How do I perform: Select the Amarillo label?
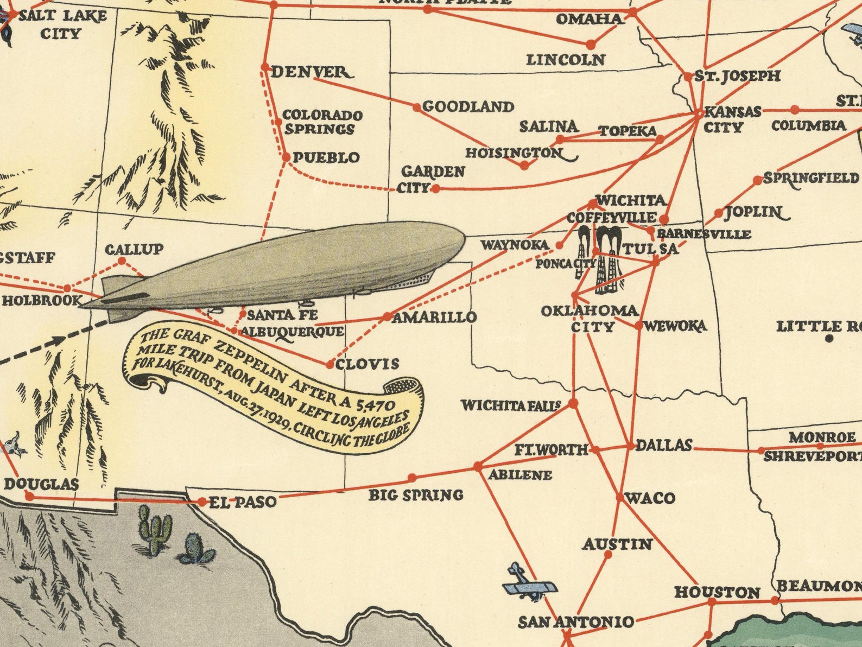tap(434, 318)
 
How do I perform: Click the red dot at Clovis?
tap(329, 365)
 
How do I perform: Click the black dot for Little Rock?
tap(829, 339)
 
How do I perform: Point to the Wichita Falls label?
tap(511, 405)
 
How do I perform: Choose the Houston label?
tap(717, 592)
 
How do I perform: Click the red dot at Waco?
tap(620, 497)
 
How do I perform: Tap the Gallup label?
tap(134, 249)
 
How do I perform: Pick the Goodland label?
tap(468, 106)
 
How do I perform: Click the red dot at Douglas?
tap(30, 496)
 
